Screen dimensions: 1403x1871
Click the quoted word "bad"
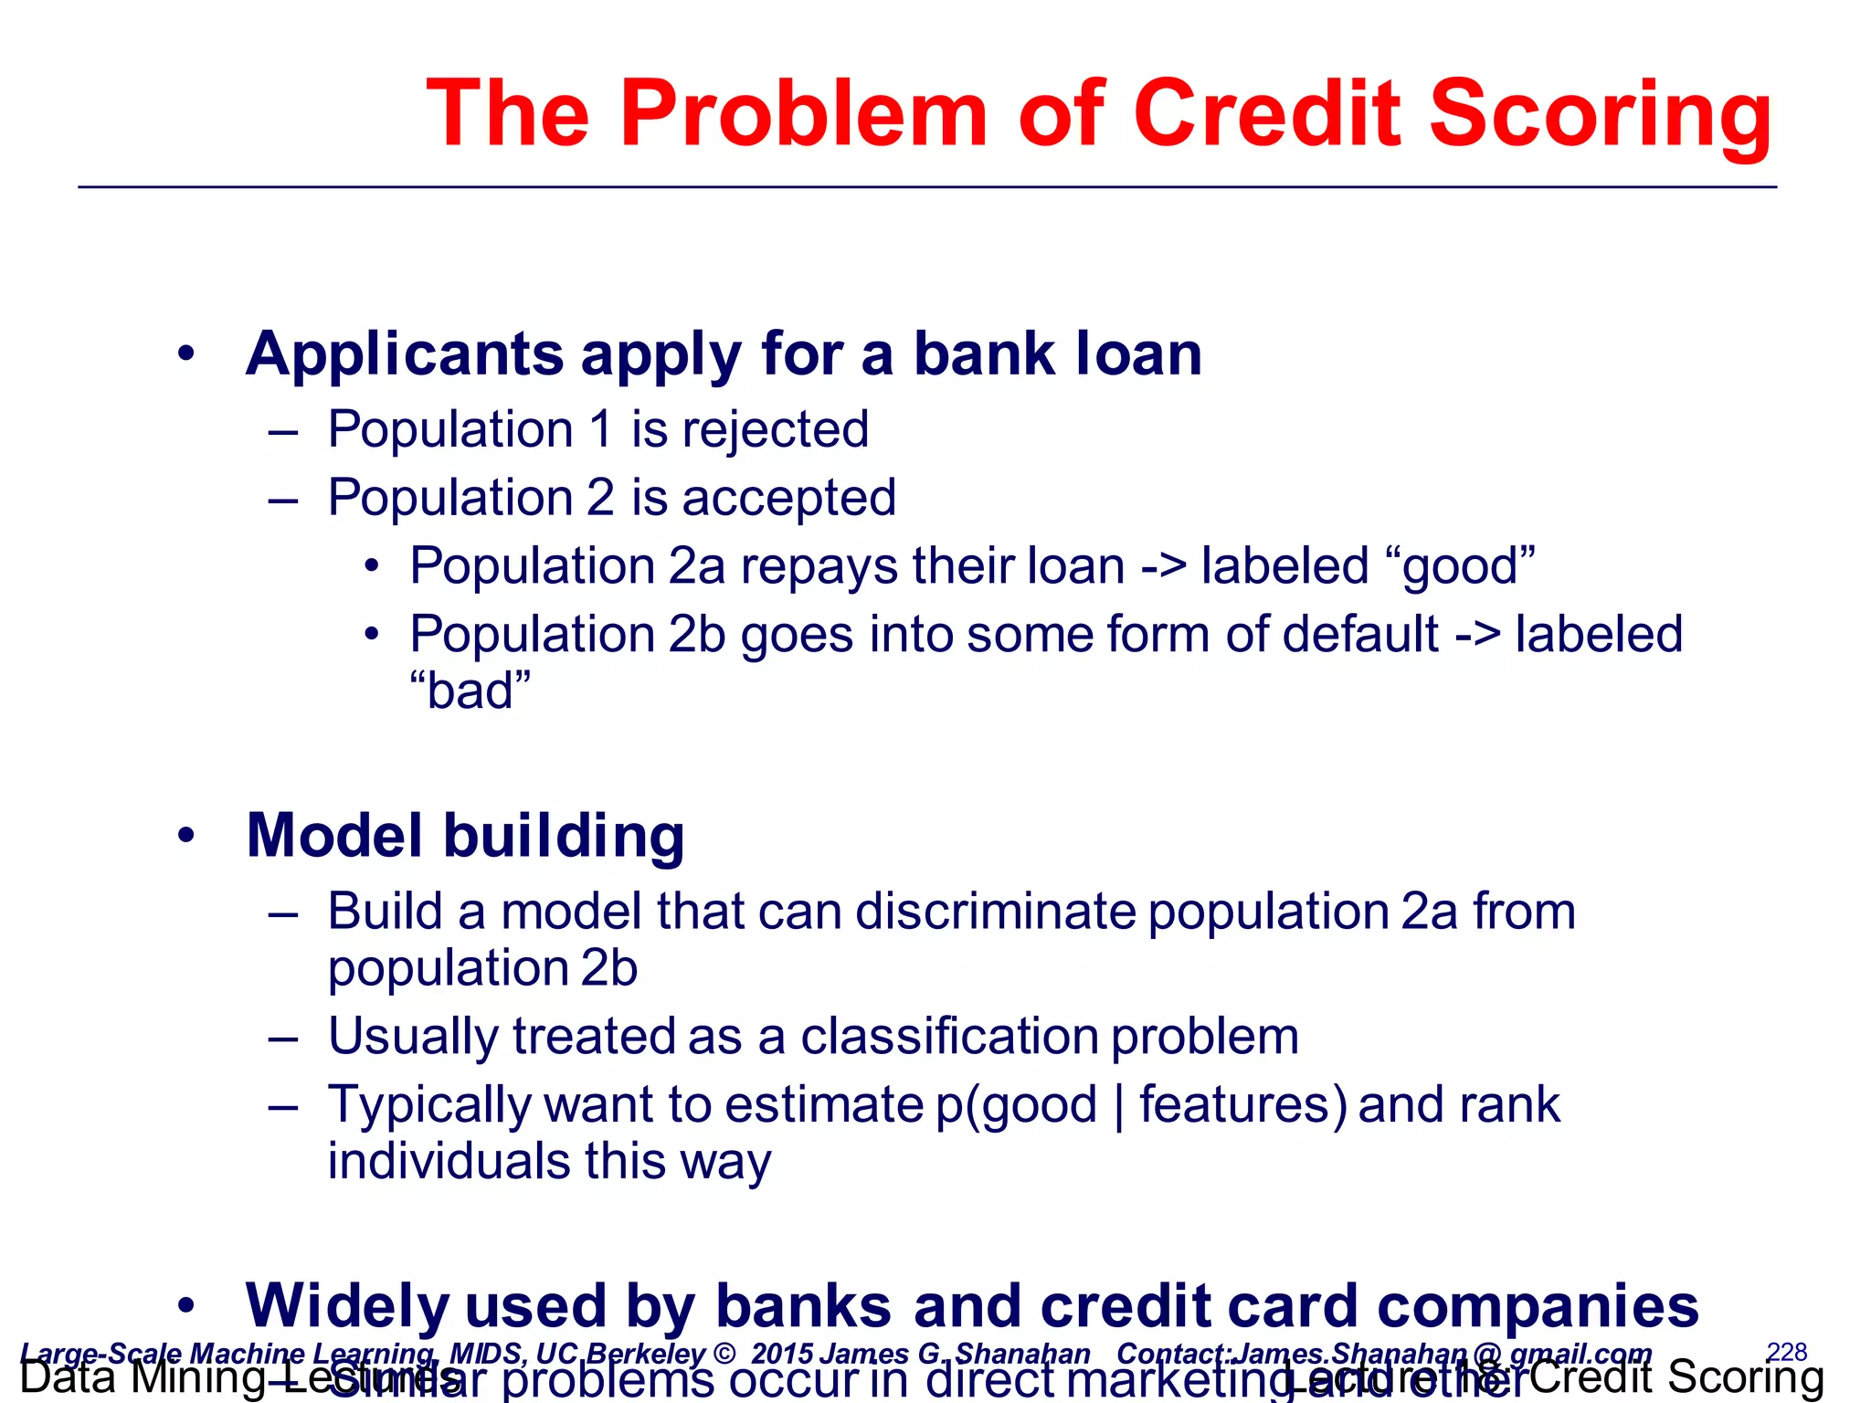click(x=470, y=691)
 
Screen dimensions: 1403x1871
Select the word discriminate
click(x=995, y=912)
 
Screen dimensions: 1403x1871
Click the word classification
click(x=949, y=1037)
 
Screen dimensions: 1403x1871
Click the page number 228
click(x=1786, y=1351)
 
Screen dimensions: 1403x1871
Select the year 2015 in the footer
click(x=782, y=1354)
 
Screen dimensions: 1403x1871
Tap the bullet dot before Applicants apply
click(x=186, y=354)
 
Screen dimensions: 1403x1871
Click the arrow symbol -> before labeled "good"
click(x=1163, y=566)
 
